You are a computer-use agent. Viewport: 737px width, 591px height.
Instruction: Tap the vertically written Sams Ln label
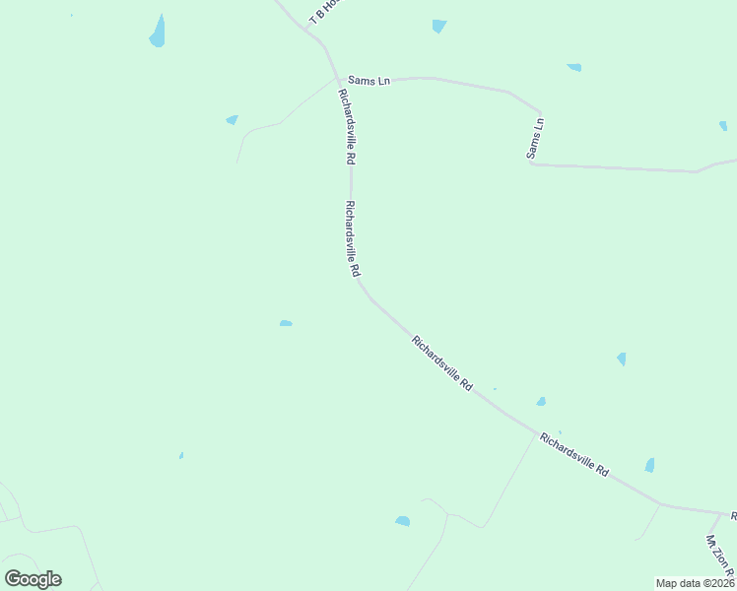535,138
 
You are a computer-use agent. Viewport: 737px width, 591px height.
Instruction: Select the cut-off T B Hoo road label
326,12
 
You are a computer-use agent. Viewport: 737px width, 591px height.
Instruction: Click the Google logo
33,578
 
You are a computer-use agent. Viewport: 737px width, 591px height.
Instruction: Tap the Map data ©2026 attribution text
694,583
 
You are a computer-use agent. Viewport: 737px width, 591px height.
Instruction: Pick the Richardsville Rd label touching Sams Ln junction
347,126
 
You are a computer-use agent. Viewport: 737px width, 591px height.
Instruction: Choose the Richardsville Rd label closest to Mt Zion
574,455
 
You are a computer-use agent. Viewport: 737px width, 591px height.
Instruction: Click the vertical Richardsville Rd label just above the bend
352,238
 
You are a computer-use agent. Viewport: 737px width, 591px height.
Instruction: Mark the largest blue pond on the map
157,33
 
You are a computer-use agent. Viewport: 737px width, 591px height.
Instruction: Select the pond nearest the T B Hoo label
438,26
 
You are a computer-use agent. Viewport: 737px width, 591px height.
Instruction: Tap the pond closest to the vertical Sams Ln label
573,67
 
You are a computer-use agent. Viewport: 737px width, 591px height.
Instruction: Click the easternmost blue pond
723,126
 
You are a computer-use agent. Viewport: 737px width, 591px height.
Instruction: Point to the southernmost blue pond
402,520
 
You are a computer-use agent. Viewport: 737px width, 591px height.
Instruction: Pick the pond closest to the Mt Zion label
649,465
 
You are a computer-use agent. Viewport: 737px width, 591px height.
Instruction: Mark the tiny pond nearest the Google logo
181,455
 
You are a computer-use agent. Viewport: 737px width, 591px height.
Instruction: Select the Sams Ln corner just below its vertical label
532,164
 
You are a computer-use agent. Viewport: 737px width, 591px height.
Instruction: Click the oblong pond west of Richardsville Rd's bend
286,323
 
